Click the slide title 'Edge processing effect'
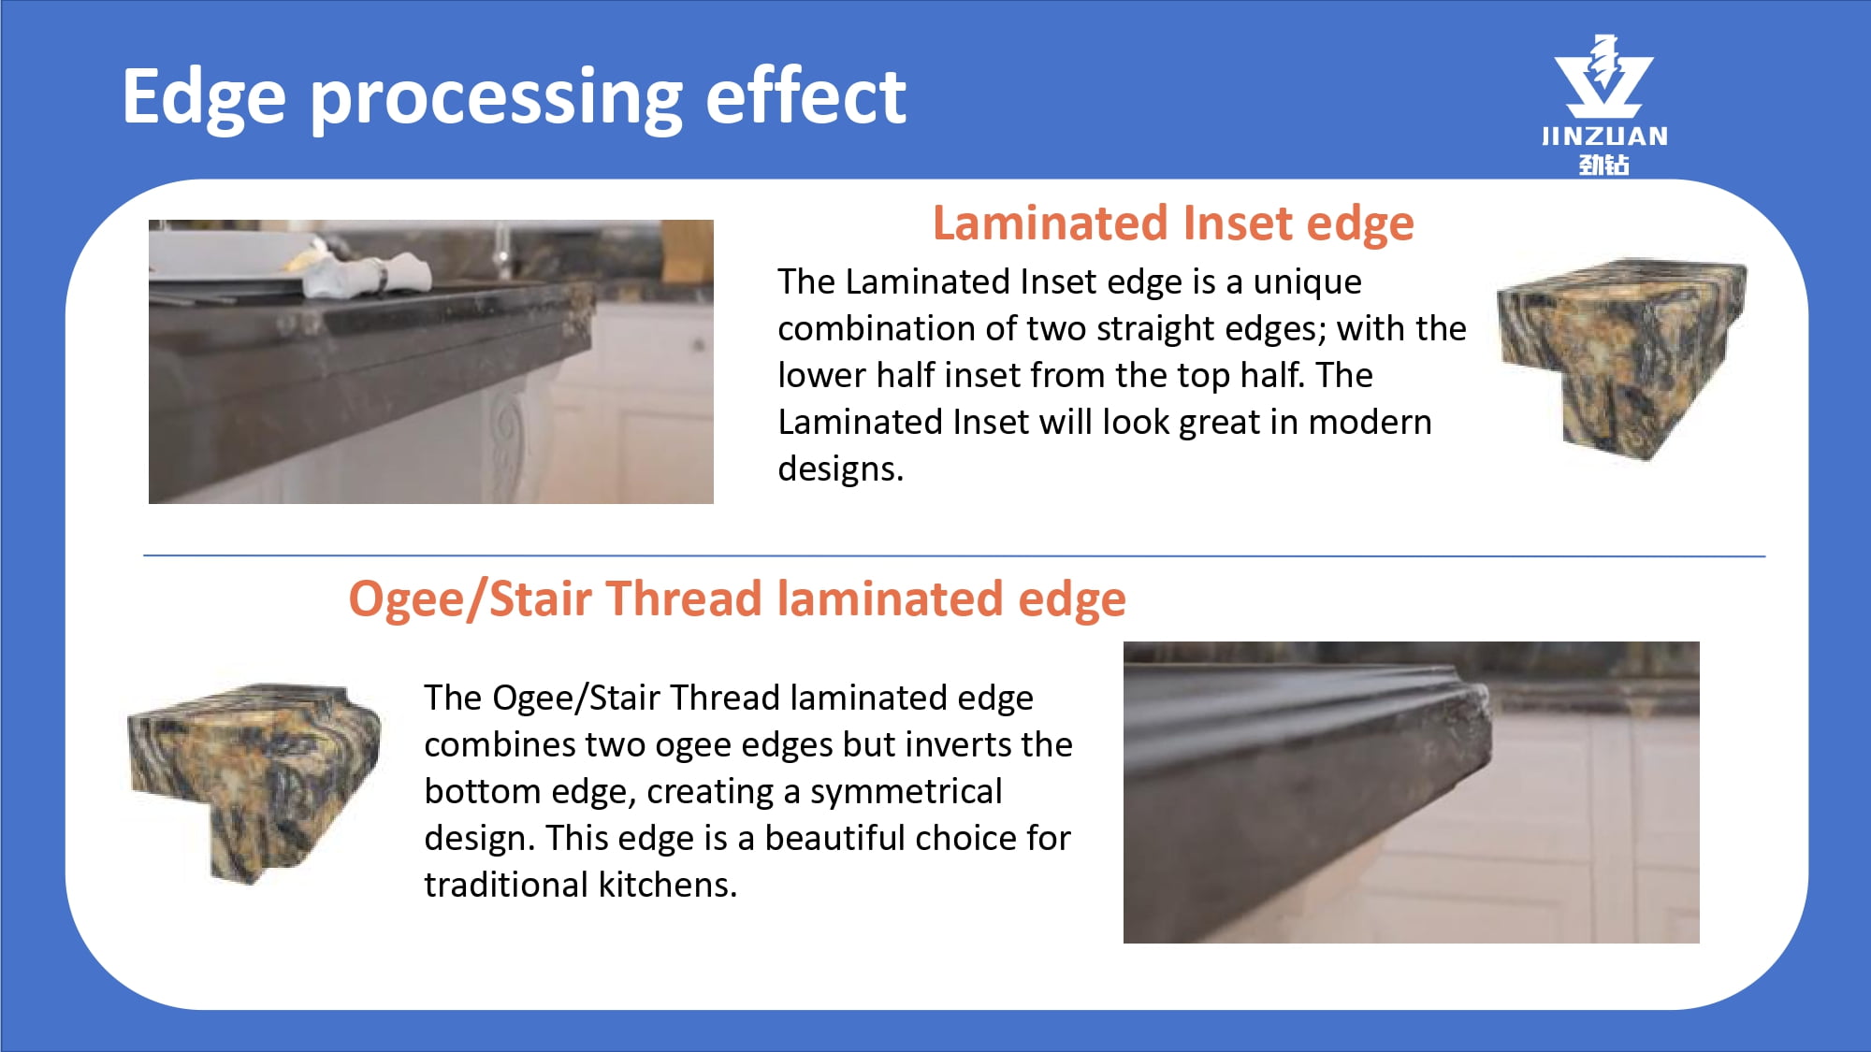(514, 97)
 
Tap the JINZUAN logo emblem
(1603, 77)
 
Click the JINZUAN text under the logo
(1604, 137)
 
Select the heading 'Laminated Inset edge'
(1173, 223)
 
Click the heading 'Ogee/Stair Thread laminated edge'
(737, 598)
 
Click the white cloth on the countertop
(370, 274)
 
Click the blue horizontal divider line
(954, 556)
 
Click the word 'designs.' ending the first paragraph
(840, 468)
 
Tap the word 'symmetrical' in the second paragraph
(906, 792)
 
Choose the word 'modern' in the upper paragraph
(1370, 423)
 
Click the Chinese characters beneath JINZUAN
(1604, 165)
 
